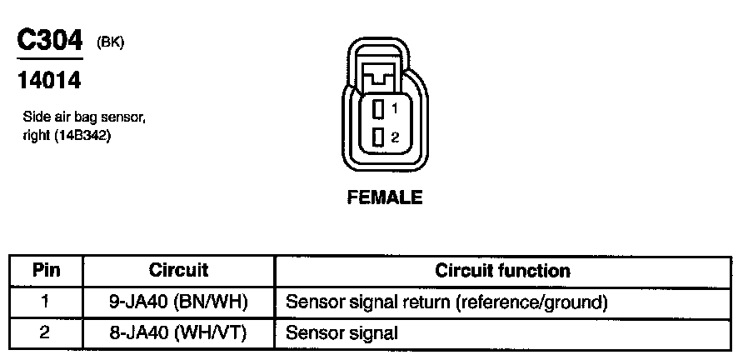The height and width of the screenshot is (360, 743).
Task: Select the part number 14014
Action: pyautogui.click(x=49, y=81)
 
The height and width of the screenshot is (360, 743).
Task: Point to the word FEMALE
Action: pyautogui.click(x=385, y=198)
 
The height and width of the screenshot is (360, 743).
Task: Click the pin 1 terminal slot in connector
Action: pyautogui.click(x=378, y=108)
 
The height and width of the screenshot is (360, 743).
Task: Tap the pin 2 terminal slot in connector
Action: pyautogui.click(x=378, y=137)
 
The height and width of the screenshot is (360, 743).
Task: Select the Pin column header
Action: pyautogui.click(x=46, y=271)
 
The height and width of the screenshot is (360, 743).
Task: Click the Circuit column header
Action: pyautogui.click(x=178, y=271)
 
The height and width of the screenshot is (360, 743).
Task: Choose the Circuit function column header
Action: pyautogui.click(x=502, y=271)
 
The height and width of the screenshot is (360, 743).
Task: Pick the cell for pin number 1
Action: pyautogui.click(x=46, y=301)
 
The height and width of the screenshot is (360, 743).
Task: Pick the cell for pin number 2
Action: pyautogui.click(x=46, y=332)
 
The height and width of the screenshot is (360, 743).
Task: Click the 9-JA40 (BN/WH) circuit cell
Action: pyautogui.click(x=178, y=301)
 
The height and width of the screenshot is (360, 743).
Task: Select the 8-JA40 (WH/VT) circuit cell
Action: pyautogui.click(x=178, y=332)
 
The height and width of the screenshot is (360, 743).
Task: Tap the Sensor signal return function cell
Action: pyautogui.click(x=446, y=301)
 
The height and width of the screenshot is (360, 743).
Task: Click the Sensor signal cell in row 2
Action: pyautogui.click(x=342, y=332)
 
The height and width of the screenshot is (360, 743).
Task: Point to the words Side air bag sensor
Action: pyautogui.click(x=84, y=117)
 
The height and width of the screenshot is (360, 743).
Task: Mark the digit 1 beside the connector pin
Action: pyautogui.click(x=394, y=109)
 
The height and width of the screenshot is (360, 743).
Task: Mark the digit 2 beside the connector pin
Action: pyautogui.click(x=394, y=137)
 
